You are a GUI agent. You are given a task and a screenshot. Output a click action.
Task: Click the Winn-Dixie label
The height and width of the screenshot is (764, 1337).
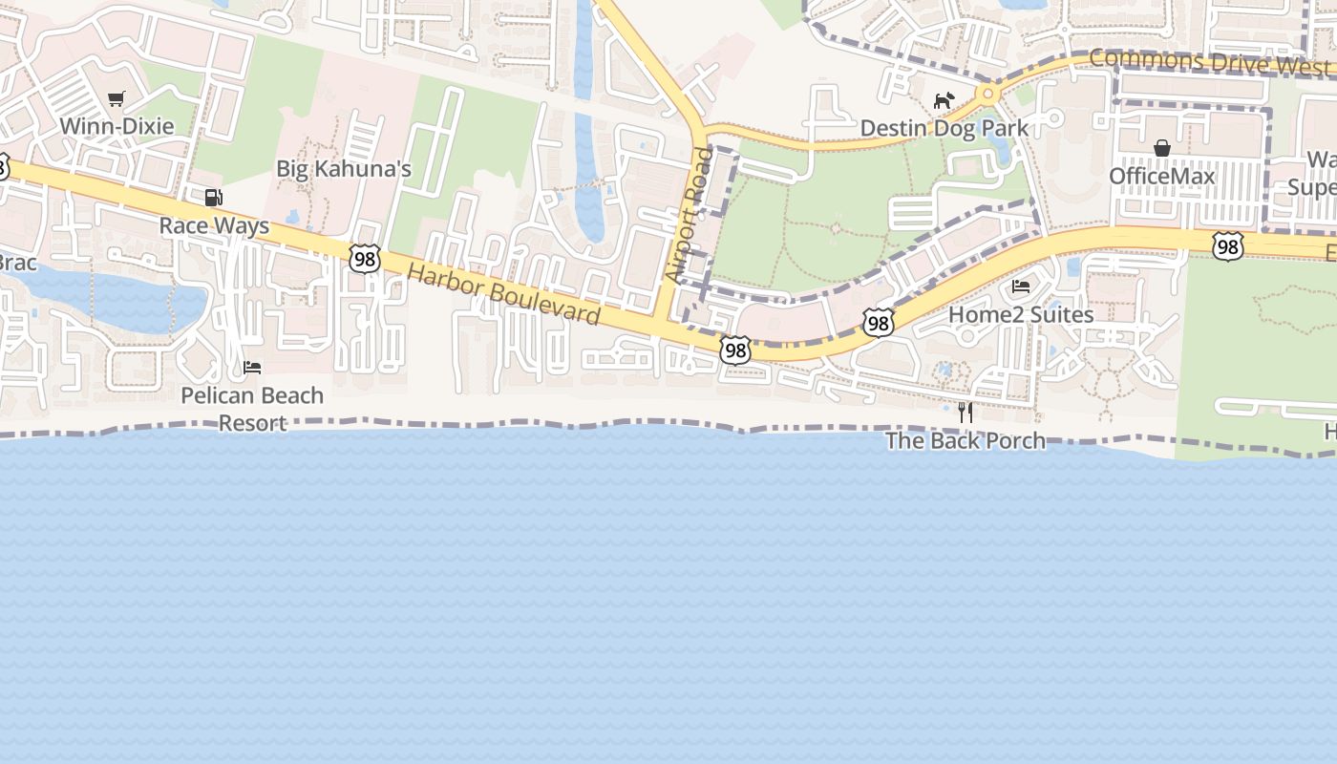[117, 126]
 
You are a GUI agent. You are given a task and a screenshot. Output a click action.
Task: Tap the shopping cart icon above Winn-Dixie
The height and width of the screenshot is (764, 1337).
[117, 98]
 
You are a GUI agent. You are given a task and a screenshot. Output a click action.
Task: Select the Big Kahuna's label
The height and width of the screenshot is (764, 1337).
[344, 169]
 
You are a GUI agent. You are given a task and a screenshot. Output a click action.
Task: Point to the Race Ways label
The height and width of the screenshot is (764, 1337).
[214, 226]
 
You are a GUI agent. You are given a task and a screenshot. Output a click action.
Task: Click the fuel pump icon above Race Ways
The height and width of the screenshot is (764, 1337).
[214, 198]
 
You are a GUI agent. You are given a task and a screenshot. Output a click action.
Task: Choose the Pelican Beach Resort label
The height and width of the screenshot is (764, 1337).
[252, 409]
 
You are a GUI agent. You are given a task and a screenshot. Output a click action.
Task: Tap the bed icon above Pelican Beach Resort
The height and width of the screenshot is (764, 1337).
[252, 367]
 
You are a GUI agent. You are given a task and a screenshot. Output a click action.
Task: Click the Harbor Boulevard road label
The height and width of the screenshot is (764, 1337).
[503, 294]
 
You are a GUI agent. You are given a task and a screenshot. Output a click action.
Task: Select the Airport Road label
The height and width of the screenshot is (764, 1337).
[690, 215]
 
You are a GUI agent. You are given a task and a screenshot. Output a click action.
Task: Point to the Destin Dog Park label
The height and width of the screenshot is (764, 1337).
[944, 128]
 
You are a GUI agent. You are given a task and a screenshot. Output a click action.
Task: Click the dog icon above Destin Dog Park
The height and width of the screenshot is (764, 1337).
[944, 100]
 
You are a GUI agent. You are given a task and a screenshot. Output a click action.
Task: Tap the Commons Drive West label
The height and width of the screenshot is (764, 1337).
[1208, 63]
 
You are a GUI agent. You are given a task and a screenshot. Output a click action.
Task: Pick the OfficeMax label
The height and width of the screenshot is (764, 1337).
[1162, 177]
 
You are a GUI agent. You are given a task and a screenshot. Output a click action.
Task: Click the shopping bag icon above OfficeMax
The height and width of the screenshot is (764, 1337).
[1162, 148]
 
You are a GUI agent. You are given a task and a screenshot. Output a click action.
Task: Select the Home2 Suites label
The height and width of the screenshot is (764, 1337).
[1021, 314]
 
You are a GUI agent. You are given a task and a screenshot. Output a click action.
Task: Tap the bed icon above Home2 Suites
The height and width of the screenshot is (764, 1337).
[1021, 286]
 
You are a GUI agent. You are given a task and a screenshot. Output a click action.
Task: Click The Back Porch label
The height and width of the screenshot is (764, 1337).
[965, 440]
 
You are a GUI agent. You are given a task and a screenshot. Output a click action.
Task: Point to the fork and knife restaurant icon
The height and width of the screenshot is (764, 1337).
[966, 413]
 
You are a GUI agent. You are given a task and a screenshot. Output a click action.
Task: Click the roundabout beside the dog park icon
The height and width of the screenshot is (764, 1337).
[987, 95]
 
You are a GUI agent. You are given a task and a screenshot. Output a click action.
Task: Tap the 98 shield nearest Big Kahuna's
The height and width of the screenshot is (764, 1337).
[365, 259]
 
